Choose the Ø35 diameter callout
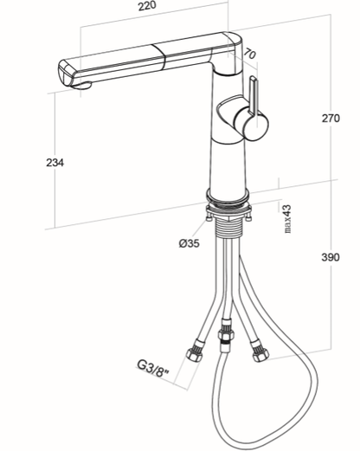click(x=189, y=243)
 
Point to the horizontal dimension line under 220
click(x=156, y=24)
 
